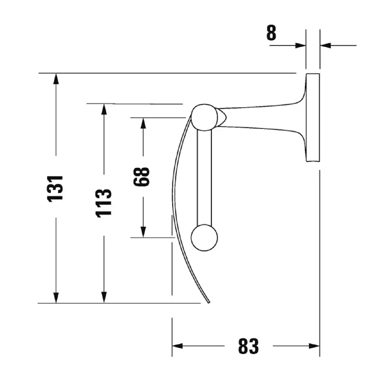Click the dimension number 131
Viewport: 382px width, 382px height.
click(x=55, y=188)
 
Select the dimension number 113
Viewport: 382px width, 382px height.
click(x=104, y=203)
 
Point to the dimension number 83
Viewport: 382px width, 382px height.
click(x=248, y=346)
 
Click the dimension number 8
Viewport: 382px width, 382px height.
click(x=271, y=33)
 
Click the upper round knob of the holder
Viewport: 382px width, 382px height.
click(x=204, y=117)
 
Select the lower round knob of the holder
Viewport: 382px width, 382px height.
click(x=204, y=237)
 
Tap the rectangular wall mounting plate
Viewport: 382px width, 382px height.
click(x=313, y=118)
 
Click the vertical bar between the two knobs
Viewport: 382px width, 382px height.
click(x=204, y=178)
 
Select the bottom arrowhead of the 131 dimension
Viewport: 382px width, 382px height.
click(x=56, y=298)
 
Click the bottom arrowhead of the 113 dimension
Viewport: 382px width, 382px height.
click(x=104, y=298)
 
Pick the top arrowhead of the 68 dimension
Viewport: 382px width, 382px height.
click(x=143, y=123)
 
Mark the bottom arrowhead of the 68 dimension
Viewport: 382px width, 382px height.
click(x=143, y=232)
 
